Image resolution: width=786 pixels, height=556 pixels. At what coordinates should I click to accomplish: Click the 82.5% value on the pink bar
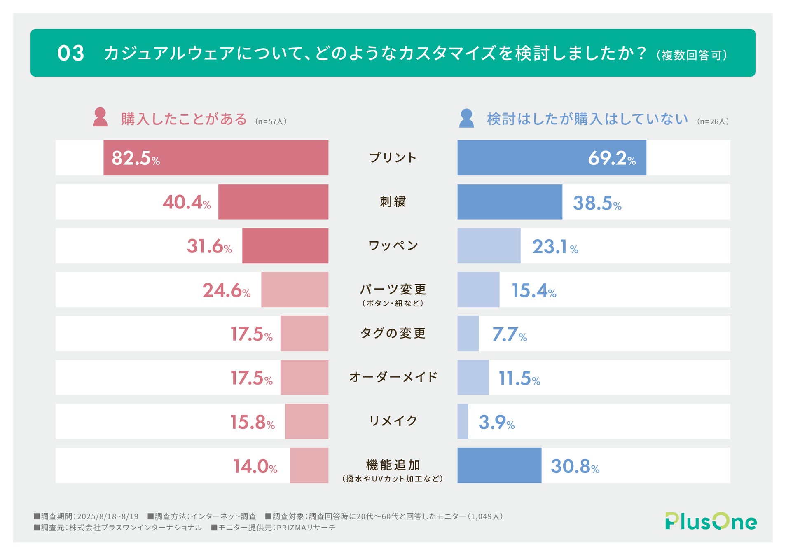tap(136, 158)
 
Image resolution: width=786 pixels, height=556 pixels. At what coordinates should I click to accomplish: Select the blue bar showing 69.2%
tap(551, 158)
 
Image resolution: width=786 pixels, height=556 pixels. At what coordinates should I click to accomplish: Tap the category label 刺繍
tap(393, 202)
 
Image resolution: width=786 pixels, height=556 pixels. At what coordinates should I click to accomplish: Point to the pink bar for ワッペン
tap(285, 245)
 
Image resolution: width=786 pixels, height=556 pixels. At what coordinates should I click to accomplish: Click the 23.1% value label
tap(554, 247)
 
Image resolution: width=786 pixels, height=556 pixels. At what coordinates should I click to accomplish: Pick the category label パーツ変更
tap(393, 290)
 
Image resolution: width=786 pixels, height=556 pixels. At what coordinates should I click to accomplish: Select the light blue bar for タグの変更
tap(468, 334)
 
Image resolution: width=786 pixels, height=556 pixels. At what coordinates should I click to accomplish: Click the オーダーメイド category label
tap(393, 377)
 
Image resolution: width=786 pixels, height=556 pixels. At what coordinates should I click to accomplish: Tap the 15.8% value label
tap(252, 422)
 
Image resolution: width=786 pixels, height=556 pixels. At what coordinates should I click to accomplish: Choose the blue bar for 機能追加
tap(499, 465)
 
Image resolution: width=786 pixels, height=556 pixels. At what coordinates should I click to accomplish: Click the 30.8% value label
tap(575, 467)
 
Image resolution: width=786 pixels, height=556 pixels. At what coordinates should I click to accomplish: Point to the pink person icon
tap(100, 117)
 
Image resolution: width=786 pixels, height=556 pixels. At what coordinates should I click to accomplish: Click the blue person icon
tap(466, 118)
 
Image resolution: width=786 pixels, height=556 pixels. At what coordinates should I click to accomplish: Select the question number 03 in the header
tap(71, 54)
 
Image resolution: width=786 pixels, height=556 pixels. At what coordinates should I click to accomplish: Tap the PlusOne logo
tap(711, 521)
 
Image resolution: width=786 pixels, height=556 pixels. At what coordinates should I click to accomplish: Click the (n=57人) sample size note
tap(271, 121)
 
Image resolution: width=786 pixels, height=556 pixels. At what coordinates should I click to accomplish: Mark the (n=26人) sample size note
tap(713, 121)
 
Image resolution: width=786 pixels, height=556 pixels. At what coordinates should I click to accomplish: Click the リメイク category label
tap(393, 421)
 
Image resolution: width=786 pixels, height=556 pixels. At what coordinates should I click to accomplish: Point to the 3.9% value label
tap(496, 423)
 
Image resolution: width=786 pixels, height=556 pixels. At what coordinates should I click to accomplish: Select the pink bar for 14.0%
tap(309, 465)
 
